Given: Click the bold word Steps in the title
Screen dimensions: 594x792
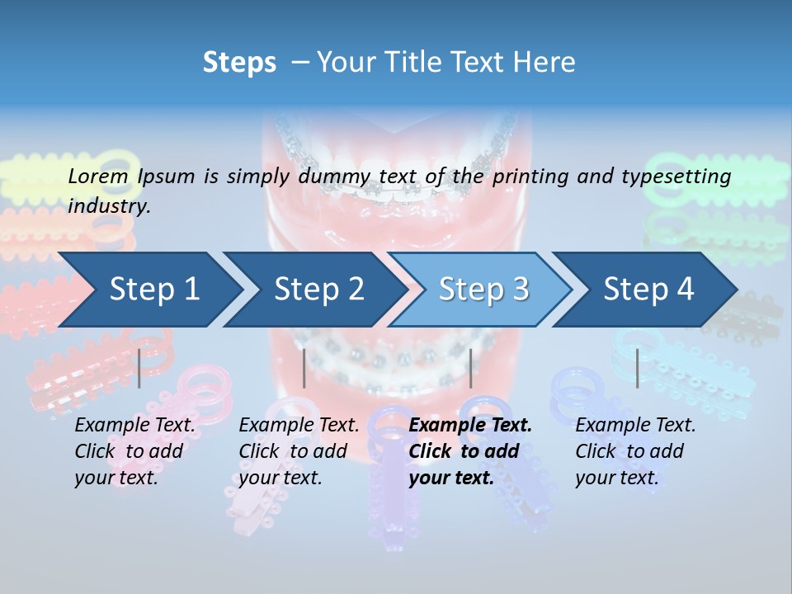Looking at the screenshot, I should (239, 63).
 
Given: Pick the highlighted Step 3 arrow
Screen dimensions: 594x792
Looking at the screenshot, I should (483, 290).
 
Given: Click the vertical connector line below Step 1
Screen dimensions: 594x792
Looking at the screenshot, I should (139, 368).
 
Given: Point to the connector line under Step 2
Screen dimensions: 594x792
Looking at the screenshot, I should (304, 368).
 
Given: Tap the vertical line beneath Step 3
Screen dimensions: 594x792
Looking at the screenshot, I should (470, 368).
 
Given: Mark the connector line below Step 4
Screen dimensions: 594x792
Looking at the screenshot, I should (637, 368).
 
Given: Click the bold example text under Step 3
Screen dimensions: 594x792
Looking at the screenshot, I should (470, 451).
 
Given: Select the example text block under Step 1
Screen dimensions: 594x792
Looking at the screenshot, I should (134, 451).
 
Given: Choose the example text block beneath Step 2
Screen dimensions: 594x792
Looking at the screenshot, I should (299, 451).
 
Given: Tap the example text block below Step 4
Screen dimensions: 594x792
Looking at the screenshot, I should (635, 451).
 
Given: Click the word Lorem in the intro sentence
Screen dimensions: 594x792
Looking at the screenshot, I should (98, 176).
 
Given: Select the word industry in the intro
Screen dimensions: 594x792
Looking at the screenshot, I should (108, 206).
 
